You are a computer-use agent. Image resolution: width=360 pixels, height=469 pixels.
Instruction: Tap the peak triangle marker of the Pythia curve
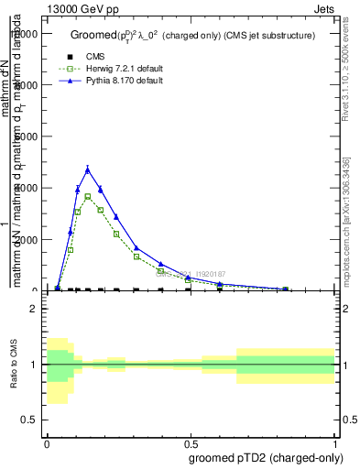(88, 169)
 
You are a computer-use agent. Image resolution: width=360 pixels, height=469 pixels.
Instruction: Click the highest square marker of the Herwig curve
(88, 196)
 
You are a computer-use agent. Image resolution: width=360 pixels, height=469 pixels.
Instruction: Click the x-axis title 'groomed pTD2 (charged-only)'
(266, 456)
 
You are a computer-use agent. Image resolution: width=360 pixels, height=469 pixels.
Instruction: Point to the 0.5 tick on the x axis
(191, 440)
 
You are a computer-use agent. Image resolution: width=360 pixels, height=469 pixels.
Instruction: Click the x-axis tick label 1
(335, 440)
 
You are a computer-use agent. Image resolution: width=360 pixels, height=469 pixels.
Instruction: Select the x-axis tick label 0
(47, 440)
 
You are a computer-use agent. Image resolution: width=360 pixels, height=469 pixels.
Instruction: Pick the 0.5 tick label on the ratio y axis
(30, 420)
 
